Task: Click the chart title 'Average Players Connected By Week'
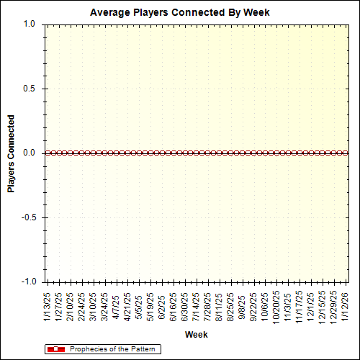point(180,13)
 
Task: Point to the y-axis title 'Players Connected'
point(12,153)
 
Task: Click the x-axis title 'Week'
point(197,335)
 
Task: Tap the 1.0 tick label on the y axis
point(29,24)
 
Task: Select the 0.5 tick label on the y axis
point(29,89)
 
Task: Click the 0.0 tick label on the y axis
point(29,153)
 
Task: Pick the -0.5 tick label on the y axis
point(27,217)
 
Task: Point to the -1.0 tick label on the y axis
point(27,282)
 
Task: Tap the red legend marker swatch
point(55,349)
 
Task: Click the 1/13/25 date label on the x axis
point(47,306)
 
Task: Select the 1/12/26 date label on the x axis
point(346,306)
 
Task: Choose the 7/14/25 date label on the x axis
point(197,306)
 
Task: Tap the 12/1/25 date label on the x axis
point(312,306)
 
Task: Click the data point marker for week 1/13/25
point(47,153)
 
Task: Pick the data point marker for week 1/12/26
point(346,153)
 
